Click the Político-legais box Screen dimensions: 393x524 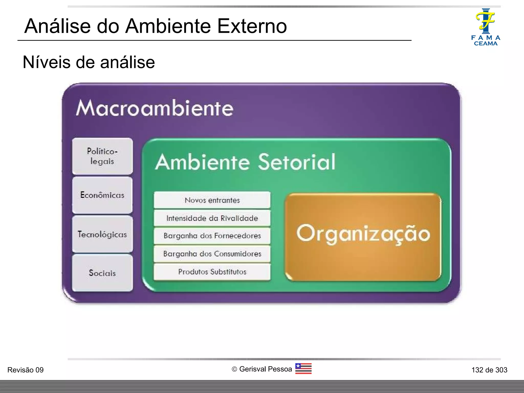click(102, 156)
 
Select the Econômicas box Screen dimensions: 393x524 click(102, 195)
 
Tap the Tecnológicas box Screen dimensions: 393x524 click(102, 234)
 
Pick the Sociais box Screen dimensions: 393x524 click(102, 273)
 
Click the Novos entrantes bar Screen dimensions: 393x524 click(212, 200)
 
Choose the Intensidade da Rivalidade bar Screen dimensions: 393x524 click(212, 218)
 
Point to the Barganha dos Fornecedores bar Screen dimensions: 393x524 click(212, 236)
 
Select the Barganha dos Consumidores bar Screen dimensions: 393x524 click(212, 254)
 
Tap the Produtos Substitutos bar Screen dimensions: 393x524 click(212, 272)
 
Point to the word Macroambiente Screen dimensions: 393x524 click(155, 108)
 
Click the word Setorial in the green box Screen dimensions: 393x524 click(297, 162)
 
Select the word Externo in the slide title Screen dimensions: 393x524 click(252, 26)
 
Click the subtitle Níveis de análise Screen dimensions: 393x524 click(89, 62)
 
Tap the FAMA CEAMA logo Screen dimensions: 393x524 click(486, 27)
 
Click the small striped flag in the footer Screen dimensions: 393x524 click(303, 369)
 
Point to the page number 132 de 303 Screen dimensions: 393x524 click(489, 370)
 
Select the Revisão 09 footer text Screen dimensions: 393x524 click(25, 370)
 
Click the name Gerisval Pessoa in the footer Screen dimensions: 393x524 click(265, 369)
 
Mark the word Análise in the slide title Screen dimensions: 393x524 click(58, 26)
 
